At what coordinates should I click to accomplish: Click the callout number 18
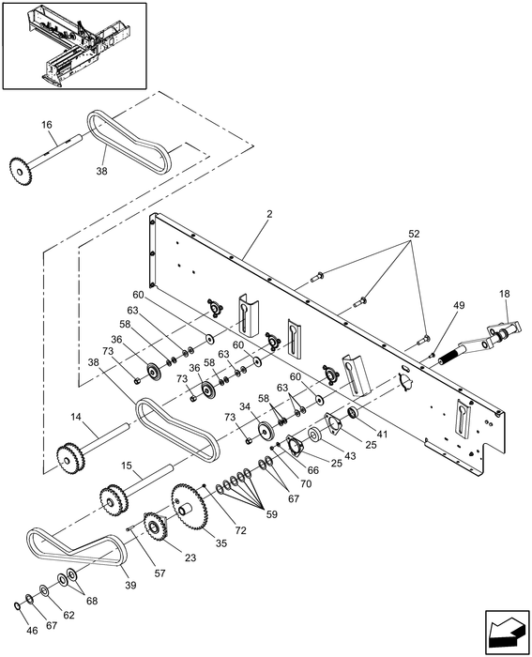pyautogui.click(x=505, y=294)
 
